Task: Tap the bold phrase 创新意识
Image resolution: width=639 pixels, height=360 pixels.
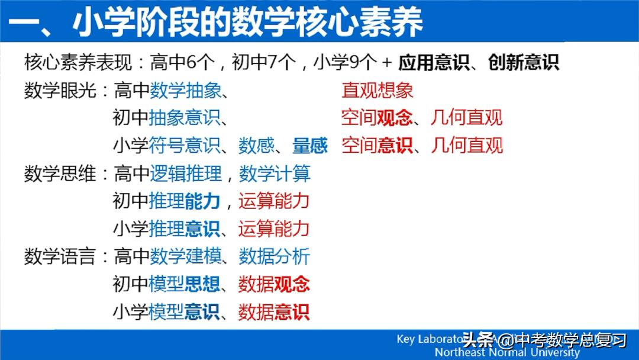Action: click(524, 62)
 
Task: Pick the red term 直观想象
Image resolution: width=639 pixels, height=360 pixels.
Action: click(377, 90)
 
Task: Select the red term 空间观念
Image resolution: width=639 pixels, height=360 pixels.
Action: click(377, 117)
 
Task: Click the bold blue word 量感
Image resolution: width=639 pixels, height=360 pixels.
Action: click(309, 145)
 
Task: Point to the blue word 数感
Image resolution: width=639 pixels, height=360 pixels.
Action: click(256, 145)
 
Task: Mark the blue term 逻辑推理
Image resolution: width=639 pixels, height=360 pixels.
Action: click(185, 173)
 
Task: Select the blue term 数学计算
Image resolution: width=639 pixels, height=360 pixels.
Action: click(275, 173)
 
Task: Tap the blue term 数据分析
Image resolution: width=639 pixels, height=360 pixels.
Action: click(275, 256)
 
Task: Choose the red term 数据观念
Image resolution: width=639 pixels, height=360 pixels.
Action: click(274, 284)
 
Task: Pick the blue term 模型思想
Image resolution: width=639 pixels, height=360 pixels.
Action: click(185, 284)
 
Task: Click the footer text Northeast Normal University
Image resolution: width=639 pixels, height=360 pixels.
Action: click(507, 352)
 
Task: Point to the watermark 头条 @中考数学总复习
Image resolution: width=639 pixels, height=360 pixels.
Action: click(544, 340)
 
